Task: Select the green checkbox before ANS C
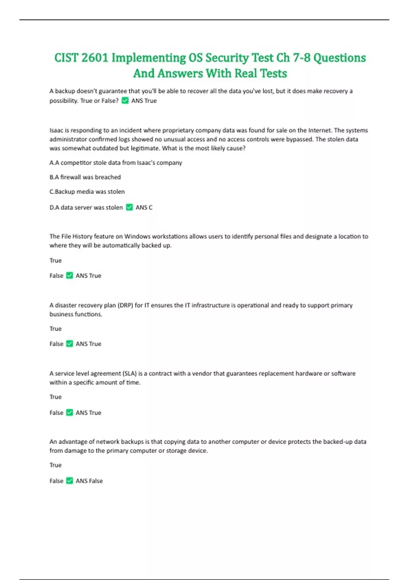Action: (x=130, y=207)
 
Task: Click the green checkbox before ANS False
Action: (x=70, y=481)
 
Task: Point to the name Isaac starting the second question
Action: (x=56, y=130)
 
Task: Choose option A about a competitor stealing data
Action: (x=116, y=163)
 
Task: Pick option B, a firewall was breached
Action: (x=85, y=177)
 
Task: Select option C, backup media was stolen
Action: (x=87, y=192)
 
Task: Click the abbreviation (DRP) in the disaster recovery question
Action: (x=125, y=305)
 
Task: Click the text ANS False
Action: (x=89, y=481)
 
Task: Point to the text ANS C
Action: (x=144, y=207)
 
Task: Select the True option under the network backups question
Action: (x=56, y=465)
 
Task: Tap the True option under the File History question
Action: (x=56, y=260)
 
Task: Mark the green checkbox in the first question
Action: (x=125, y=101)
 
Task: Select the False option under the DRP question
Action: (x=56, y=344)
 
